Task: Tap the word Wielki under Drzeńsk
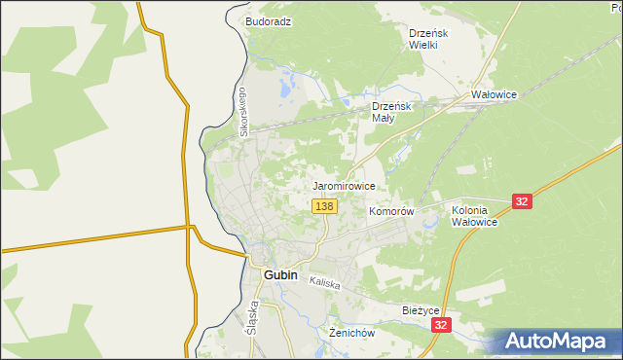[x=427, y=45]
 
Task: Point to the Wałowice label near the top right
[x=494, y=95]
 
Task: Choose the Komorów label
[x=392, y=211]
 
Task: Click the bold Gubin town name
[x=281, y=275]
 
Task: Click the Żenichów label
[x=352, y=333]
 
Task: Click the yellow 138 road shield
[x=325, y=206]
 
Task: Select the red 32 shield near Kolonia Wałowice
[x=523, y=201]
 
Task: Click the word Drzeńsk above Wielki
[x=427, y=32]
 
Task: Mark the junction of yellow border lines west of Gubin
[x=191, y=228]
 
